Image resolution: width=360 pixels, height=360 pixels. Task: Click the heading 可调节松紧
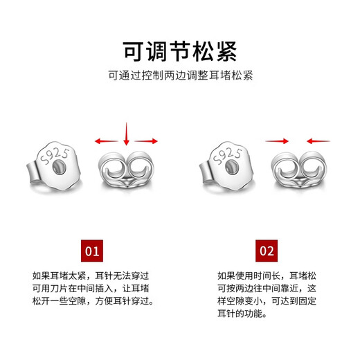[x=180, y=51]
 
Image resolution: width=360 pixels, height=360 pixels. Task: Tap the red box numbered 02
[x=267, y=250]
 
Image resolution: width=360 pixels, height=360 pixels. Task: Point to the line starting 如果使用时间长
[x=267, y=275]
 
